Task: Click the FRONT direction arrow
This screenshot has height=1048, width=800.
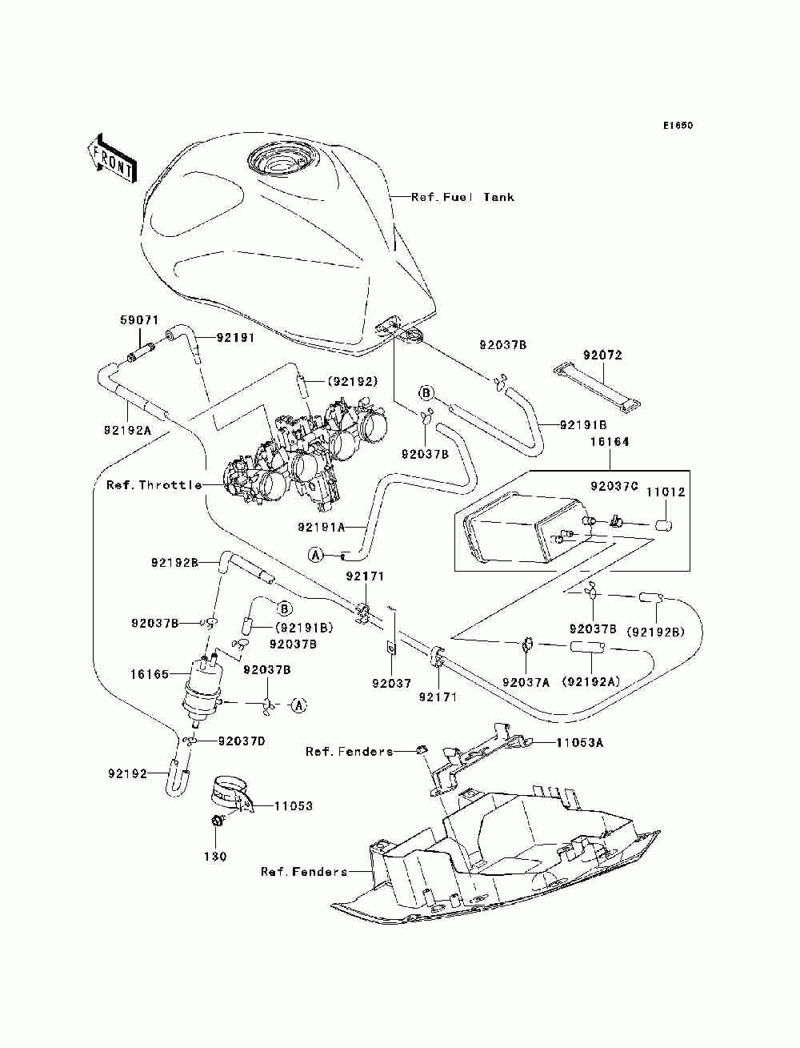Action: pyautogui.click(x=113, y=159)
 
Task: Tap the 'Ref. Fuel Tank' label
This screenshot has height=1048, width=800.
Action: pyautogui.click(x=462, y=197)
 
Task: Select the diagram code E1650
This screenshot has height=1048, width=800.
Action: pyautogui.click(x=678, y=126)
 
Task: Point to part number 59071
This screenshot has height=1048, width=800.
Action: pyautogui.click(x=139, y=320)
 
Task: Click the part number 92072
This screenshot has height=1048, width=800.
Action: pyautogui.click(x=602, y=355)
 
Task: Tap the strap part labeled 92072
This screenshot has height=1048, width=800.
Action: pyautogui.click(x=597, y=388)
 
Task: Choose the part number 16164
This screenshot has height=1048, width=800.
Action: pyautogui.click(x=610, y=442)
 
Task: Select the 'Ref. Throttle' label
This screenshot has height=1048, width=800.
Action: pyautogui.click(x=154, y=485)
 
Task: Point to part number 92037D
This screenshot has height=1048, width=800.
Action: pyautogui.click(x=242, y=741)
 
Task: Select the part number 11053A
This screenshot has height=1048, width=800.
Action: pyautogui.click(x=579, y=742)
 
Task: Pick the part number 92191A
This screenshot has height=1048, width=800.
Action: pyautogui.click(x=322, y=527)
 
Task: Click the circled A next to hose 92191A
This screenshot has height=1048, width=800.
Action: pyautogui.click(x=315, y=555)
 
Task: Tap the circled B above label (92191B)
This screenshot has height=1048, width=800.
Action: pyautogui.click(x=284, y=608)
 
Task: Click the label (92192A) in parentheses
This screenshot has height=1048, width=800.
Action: pyautogui.click(x=590, y=683)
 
